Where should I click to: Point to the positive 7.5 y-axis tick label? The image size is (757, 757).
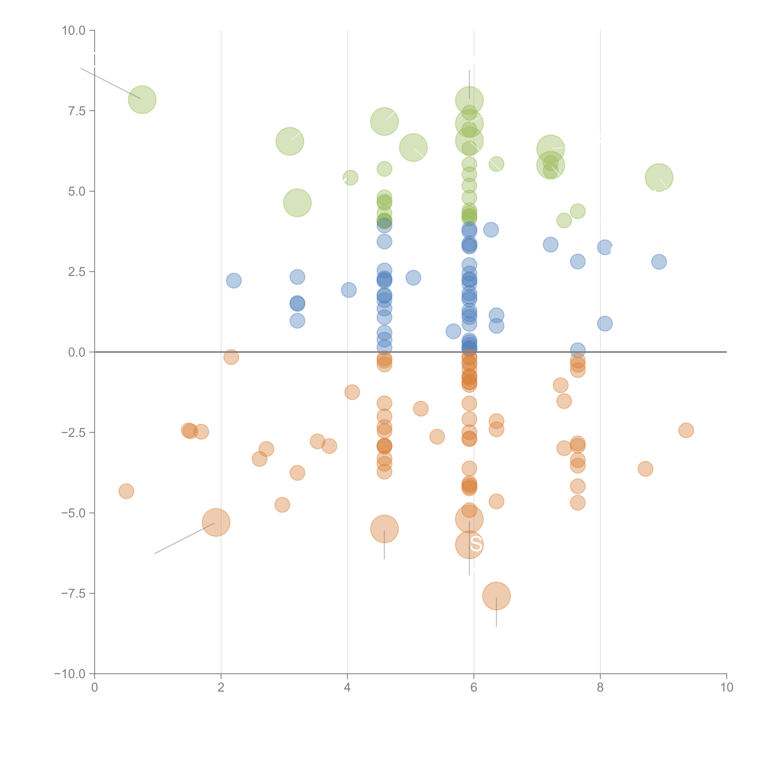click(x=77, y=111)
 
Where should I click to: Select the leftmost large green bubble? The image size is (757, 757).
click(x=142, y=99)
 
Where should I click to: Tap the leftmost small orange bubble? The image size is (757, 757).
click(x=126, y=491)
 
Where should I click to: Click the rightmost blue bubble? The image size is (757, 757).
click(x=659, y=262)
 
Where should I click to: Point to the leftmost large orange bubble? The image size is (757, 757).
click(x=216, y=522)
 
